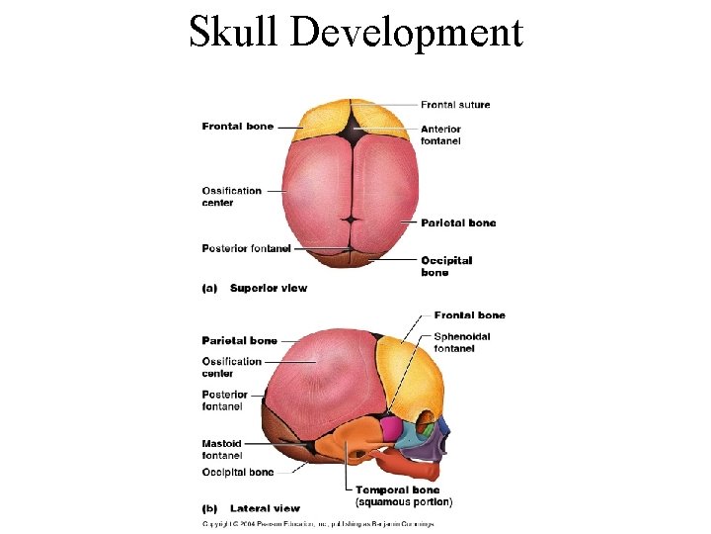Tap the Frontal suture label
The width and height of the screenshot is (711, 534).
coord(454,105)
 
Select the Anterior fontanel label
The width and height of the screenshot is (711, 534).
coord(440,135)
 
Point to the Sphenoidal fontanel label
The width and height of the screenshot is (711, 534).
coord(461,342)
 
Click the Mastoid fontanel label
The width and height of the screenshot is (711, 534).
coord(222,450)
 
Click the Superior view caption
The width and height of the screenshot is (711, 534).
coord(268,289)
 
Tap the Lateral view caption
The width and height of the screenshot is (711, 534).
coord(264,508)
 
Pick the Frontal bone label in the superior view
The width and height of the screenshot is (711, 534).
coord(237,127)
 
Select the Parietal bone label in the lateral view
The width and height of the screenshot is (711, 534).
coord(239,341)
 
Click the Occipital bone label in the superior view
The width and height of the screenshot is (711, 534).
coord(446,266)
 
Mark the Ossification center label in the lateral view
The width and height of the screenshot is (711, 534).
coord(231,367)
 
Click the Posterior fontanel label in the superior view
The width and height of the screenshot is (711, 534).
coord(246,248)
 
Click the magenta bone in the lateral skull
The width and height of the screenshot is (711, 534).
coord(391,429)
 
